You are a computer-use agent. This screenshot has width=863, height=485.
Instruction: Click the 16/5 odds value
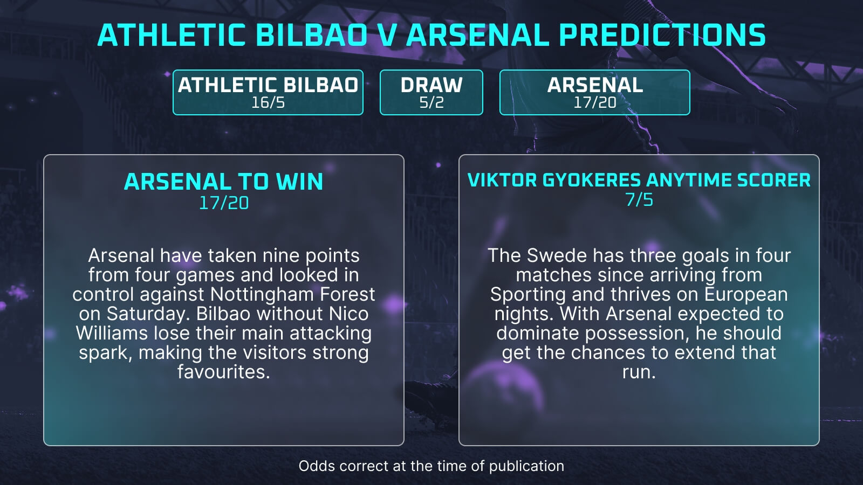click(268, 102)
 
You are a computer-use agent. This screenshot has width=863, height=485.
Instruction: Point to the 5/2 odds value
click(431, 102)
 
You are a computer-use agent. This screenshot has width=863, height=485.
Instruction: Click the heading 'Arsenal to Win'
click(223, 182)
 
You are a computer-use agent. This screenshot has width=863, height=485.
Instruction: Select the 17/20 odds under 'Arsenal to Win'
click(223, 203)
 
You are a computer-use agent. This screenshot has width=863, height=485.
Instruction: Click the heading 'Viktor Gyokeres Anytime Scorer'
click(639, 180)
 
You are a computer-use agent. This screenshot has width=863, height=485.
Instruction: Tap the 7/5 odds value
click(639, 200)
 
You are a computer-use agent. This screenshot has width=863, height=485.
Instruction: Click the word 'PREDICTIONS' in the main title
click(662, 35)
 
